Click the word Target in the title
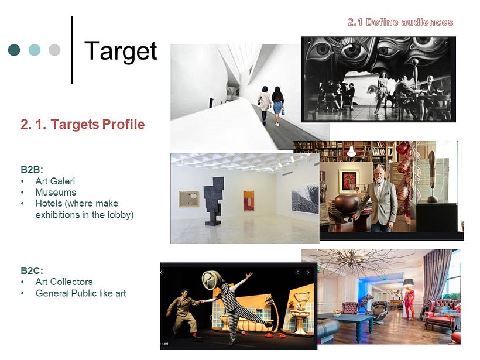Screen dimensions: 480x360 coord(121,51)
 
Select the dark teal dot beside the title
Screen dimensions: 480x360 coord(14,50)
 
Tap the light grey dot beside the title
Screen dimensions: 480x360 coord(54,50)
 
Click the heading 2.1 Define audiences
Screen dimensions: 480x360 coord(400,22)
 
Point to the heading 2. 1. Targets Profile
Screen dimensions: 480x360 coord(83,124)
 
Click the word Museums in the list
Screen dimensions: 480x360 coord(56,192)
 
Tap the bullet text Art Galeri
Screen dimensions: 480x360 coord(55,181)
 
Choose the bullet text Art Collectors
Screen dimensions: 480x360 coord(64,282)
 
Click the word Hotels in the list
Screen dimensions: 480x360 coord(50,203)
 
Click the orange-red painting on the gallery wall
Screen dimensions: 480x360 coord(249,201)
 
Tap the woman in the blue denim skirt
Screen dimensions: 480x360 coord(278,105)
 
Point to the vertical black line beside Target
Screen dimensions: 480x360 coord(72,50)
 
